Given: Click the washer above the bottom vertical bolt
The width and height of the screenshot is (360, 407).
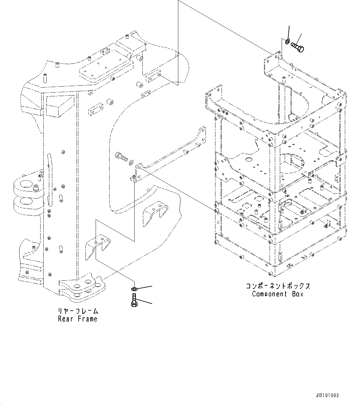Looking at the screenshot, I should tap(133, 289).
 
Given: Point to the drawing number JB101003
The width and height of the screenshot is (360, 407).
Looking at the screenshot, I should tap(327, 396).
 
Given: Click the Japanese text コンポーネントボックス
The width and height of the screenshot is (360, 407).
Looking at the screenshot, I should tap(278, 286).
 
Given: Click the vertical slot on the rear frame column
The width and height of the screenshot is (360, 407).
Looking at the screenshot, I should tap(49, 180).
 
